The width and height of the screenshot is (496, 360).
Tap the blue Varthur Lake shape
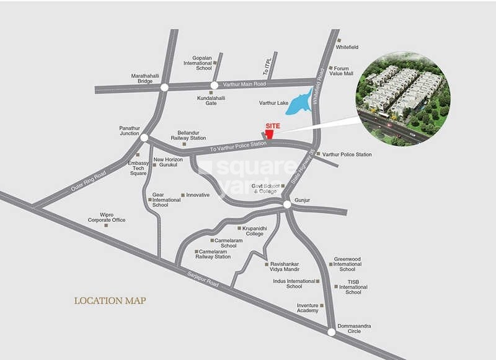coord(299,102)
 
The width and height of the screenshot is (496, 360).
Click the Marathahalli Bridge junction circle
coord(164,87)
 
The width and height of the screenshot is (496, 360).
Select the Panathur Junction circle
coord(144,138)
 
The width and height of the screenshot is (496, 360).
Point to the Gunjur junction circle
coord(287,204)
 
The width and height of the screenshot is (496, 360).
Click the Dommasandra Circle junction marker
coord(332,332)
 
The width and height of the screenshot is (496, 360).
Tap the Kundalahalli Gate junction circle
coord(214,86)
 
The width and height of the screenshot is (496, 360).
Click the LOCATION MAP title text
coord(110,301)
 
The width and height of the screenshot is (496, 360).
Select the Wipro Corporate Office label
coord(107,217)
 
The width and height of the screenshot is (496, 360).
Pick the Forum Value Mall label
coord(340,71)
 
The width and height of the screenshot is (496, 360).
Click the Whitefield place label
coord(347,47)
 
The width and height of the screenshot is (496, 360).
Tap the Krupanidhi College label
coord(254,231)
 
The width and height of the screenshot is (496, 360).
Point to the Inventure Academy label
coord(307,308)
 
